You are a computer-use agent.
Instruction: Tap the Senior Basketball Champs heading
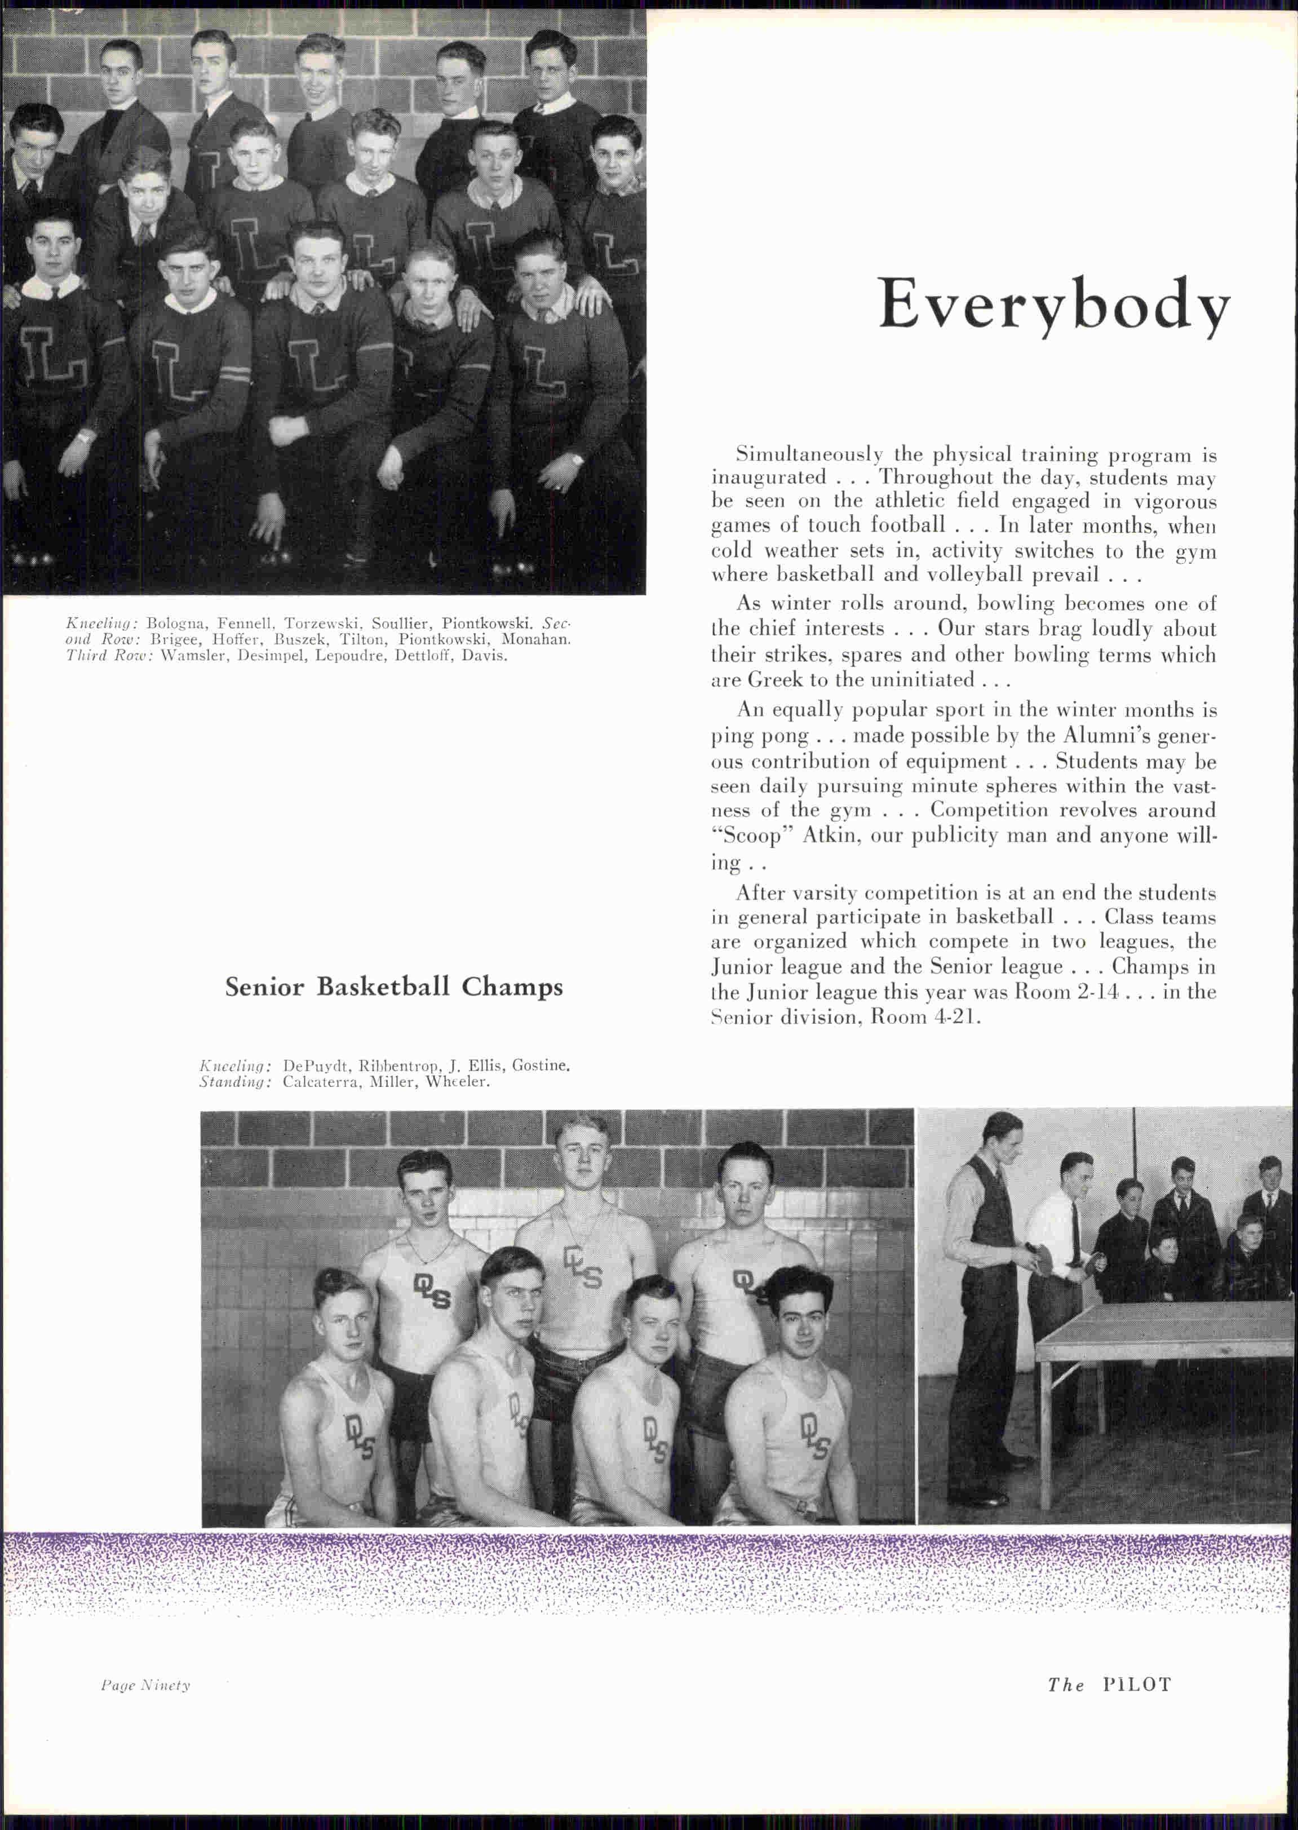tap(393, 987)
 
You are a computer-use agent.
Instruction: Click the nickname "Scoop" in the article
tap(742, 836)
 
